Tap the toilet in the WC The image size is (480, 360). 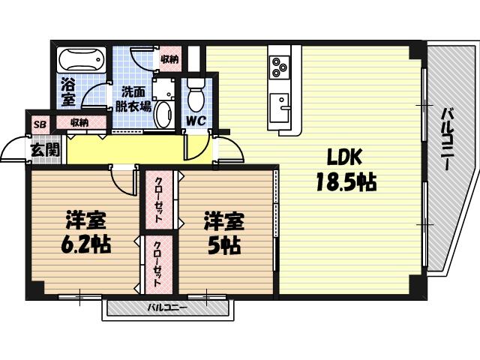(196, 97)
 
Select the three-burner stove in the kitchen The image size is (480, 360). (280, 67)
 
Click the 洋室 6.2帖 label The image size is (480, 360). (84, 232)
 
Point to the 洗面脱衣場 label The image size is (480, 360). (132, 99)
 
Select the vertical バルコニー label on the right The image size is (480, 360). (447, 139)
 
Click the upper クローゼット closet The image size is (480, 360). (160, 197)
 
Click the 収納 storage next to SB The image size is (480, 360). (79, 122)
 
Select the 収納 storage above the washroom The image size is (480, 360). (169, 58)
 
